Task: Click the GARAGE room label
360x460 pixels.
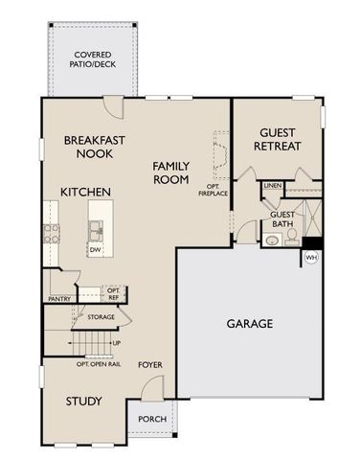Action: tap(249, 324)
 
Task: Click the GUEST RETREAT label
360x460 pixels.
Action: tap(278, 140)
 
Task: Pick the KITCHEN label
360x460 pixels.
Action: tap(86, 193)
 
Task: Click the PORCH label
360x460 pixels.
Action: tap(152, 419)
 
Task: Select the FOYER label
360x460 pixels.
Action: tap(150, 365)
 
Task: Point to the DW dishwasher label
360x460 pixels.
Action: tap(96, 250)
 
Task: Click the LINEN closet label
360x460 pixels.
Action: tap(273, 185)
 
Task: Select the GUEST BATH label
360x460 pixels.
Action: tap(282, 218)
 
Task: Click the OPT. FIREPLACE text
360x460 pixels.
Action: tap(214, 189)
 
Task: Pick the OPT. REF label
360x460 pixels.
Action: tap(113, 293)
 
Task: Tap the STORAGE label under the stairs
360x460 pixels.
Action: tap(101, 317)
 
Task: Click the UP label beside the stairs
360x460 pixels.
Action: tap(117, 343)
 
